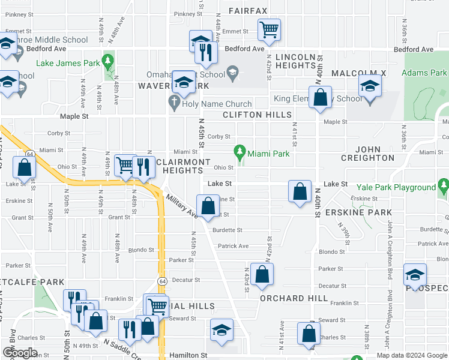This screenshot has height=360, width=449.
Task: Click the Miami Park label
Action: (x=268, y=154)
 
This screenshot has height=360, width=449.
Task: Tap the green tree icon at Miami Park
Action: (x=241, y=150)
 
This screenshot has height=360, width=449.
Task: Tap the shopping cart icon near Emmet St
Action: (x=269, y=28)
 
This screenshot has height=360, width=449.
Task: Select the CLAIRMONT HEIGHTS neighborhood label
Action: (x=182, y=167)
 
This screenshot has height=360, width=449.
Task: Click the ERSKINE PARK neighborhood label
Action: (x=358, y=212)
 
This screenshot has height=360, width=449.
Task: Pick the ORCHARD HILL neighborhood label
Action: (x=294, y=298)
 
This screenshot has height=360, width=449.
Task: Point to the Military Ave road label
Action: (x=182, y=206)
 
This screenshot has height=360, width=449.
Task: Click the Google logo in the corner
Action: (x=20, y=353)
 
